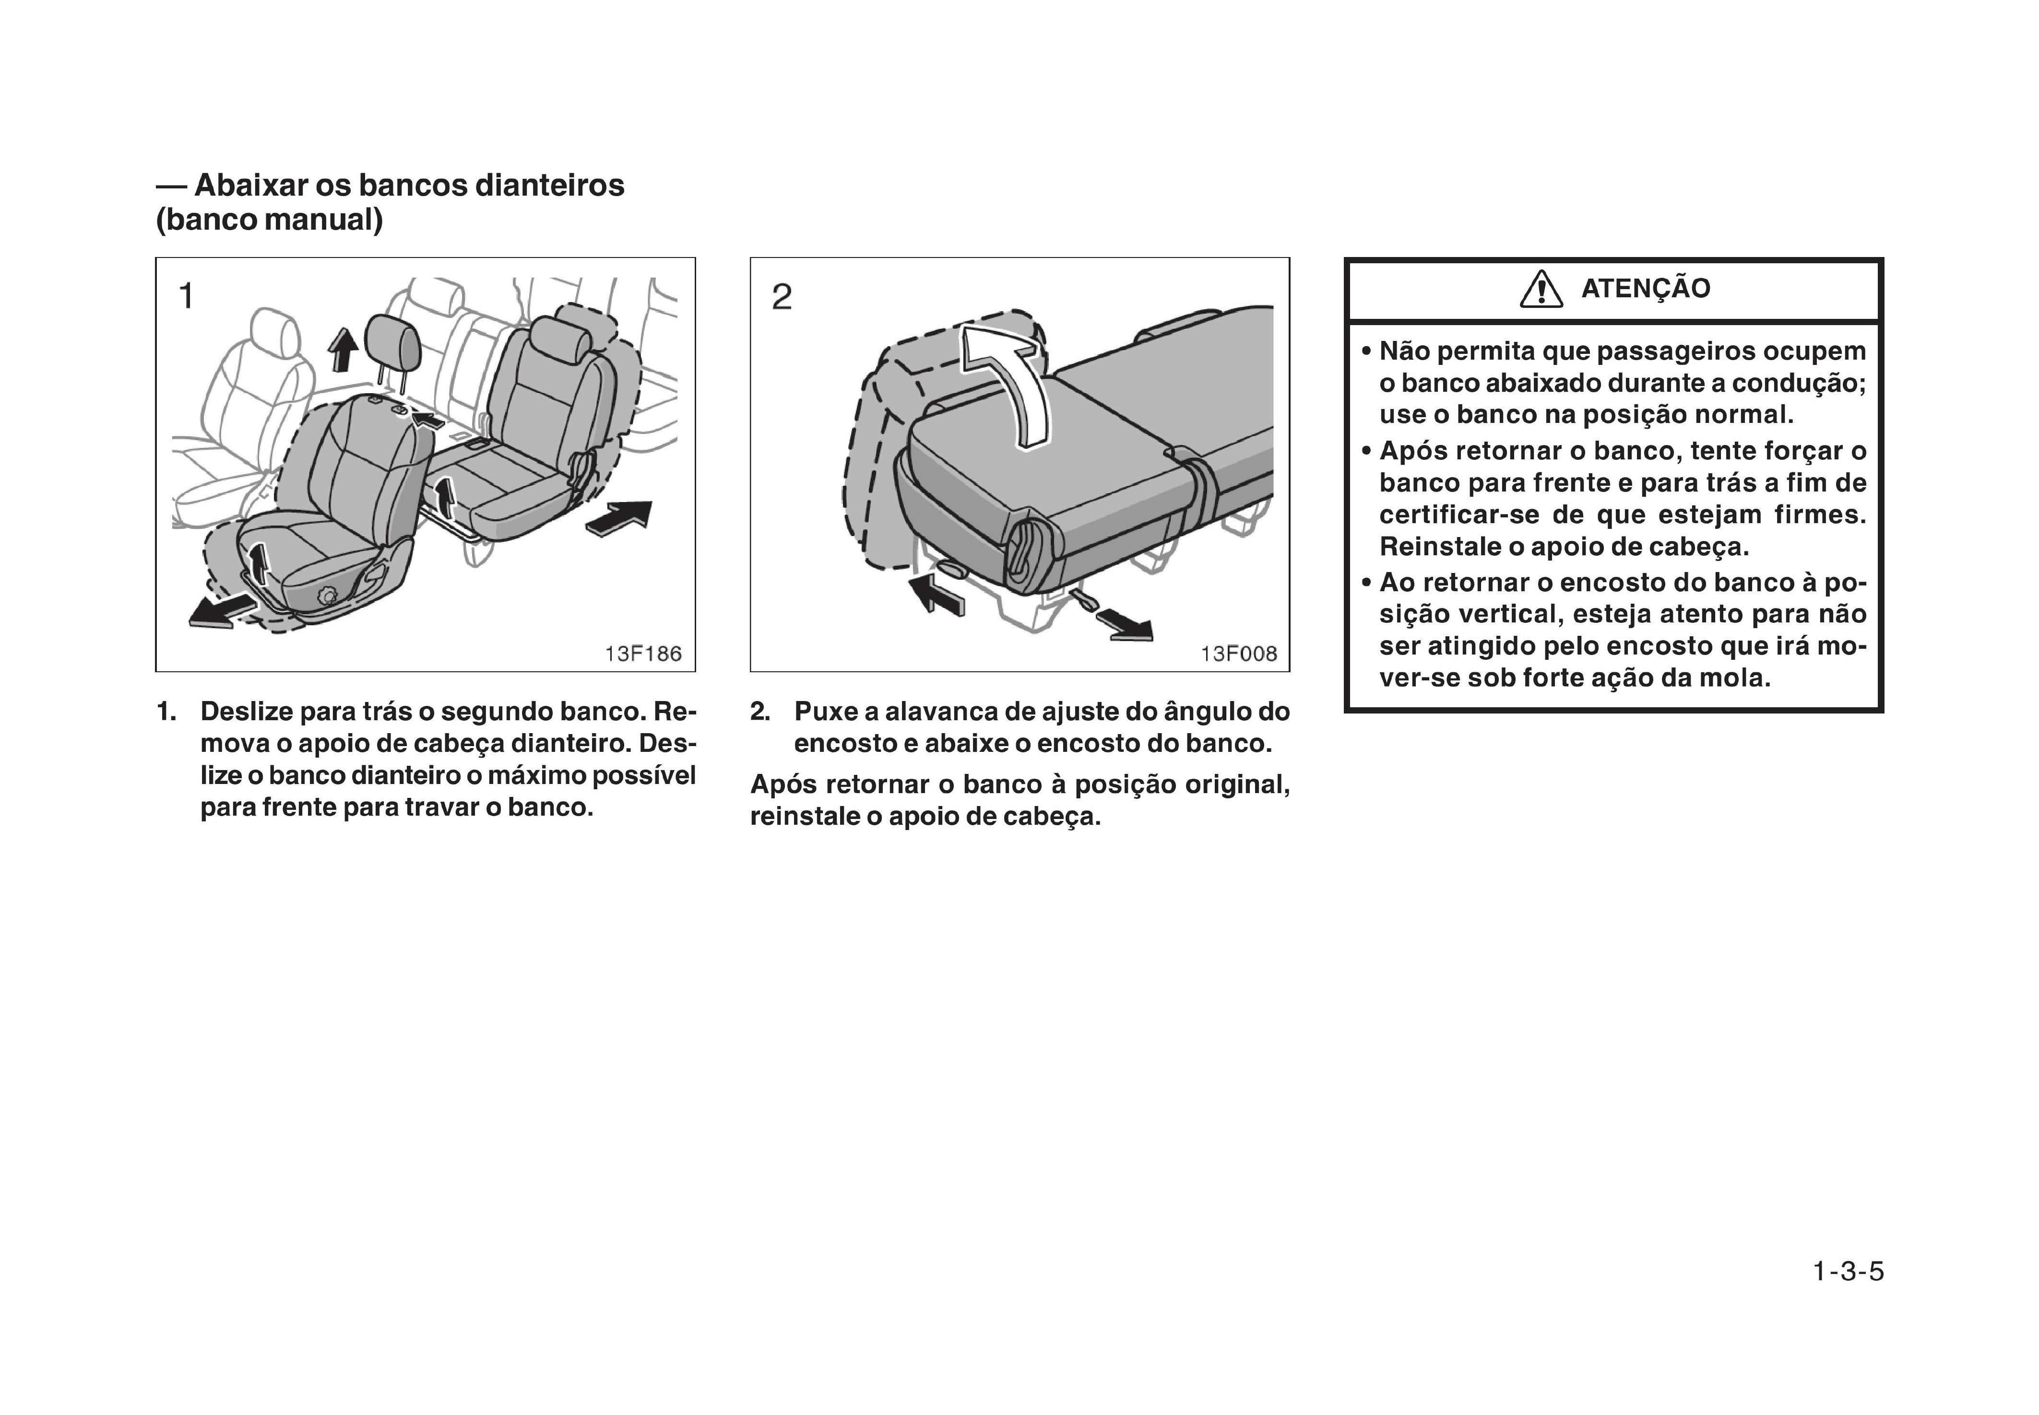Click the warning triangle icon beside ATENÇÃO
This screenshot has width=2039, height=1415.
click(1541, 289)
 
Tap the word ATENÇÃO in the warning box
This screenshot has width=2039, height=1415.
click(1645, 289)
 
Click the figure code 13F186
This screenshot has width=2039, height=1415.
click(643, 654)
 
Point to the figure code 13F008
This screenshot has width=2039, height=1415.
click(1238, 654)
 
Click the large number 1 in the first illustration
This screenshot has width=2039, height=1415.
click(186, 296)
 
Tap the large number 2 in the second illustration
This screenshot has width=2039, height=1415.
click(782, 297)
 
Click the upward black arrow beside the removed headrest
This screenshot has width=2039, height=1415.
click(343, 349)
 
